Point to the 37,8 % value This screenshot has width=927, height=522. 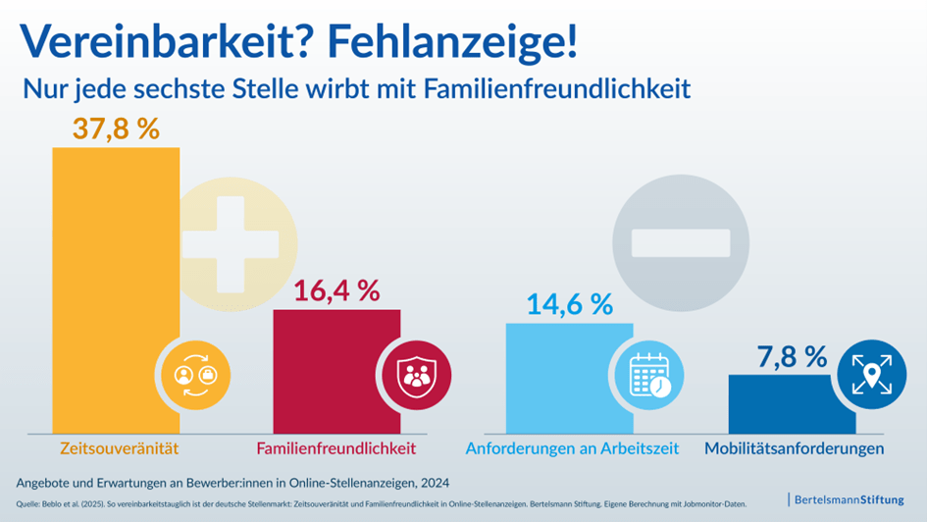pyautogui.click(x=116, y=129)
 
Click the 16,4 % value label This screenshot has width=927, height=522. pyautogui.click(x=336, y=290)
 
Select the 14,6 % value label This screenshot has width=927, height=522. pyautogui.click(x=570, y=304)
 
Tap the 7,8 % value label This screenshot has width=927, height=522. pyautogui.click(x=792, y=356)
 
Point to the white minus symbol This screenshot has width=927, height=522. pyautogui.click(x=681, y=242)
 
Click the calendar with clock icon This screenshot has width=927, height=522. pyautogui.click(x=647, y=374)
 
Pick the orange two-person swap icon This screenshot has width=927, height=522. pyautogui.click(x=195, y=374)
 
